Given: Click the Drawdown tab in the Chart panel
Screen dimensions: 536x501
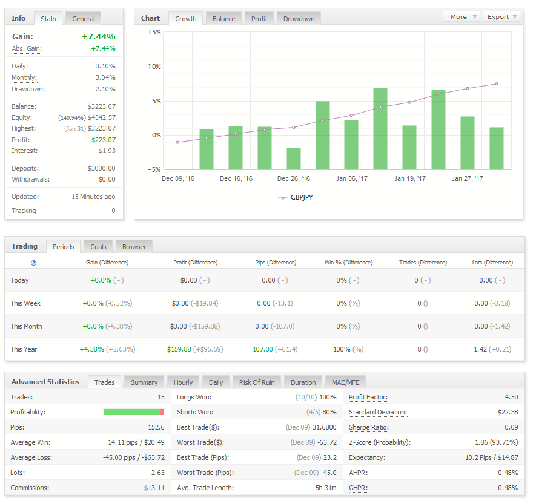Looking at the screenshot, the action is pos(299,18).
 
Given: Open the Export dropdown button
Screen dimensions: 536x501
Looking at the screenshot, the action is pos(501,16).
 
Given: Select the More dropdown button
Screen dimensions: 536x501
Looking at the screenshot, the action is pos(462,16).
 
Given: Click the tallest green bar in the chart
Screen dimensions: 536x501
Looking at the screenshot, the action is pos(380,129).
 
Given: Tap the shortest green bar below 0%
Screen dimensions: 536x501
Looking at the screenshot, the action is pos(294,159).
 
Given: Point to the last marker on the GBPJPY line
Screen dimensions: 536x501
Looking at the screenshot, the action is pos(497,83).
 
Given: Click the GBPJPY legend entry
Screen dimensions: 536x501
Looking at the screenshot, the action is pos(296,197).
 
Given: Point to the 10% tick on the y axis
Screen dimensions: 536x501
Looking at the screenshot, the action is pos(154,67).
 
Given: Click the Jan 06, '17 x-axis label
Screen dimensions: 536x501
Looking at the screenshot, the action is pos(351,178).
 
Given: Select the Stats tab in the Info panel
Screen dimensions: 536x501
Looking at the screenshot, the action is pos(48,18).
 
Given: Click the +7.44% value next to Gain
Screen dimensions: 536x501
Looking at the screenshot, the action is pos(99,36).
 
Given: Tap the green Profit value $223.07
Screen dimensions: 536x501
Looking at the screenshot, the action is pos(104,140).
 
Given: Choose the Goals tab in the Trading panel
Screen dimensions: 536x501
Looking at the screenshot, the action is pos(98,247).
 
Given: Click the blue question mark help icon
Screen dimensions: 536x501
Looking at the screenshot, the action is pos(33,263).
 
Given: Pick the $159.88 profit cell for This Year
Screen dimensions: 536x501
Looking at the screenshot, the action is pos(179,349).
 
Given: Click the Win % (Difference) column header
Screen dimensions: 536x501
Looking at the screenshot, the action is pos(348,262).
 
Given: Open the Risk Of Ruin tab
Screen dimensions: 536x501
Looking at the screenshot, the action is pos(257,382).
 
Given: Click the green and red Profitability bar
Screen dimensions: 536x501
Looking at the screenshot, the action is pos(134,412).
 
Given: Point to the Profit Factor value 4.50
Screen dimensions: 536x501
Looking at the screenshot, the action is pos(511,397).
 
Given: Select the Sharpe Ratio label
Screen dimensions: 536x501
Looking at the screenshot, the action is pos(369,427).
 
